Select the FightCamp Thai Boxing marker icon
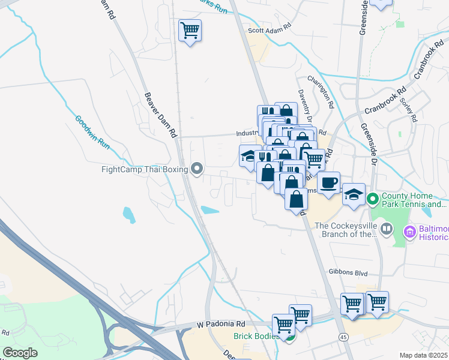(196, 169)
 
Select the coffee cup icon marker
(328, 182)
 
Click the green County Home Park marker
(372, 197)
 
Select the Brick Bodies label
(255, 337)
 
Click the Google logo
(20, 353)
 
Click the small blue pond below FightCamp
(128, 214)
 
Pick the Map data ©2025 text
(424, 355)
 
